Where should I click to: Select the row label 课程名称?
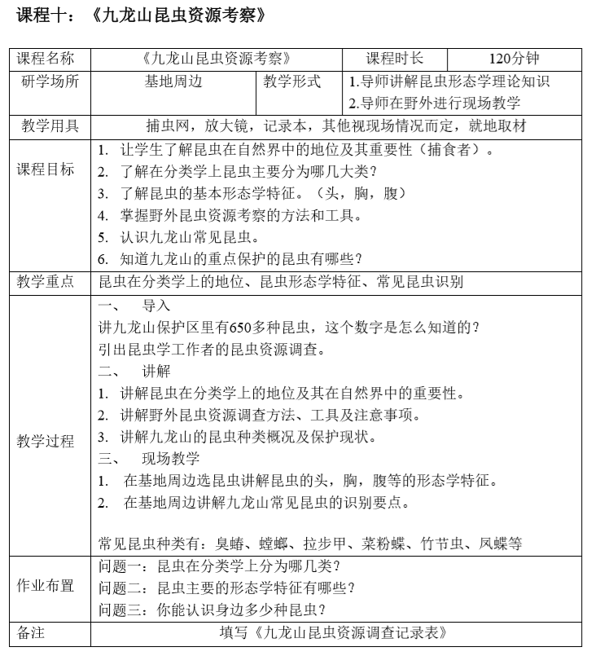[x=46, y=59]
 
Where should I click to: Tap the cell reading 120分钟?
[x=514, y=59]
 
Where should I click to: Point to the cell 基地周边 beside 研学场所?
[x=173, y=81]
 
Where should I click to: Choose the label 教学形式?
[x=292, y=81]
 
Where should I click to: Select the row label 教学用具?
[x=46, y=126]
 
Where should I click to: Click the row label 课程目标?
[x=46, y=170]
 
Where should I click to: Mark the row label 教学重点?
[x=46, y=282]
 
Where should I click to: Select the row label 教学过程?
[x=46, y=441]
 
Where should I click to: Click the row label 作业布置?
[x=46, y=587]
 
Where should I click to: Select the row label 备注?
[x=34, y=632]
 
